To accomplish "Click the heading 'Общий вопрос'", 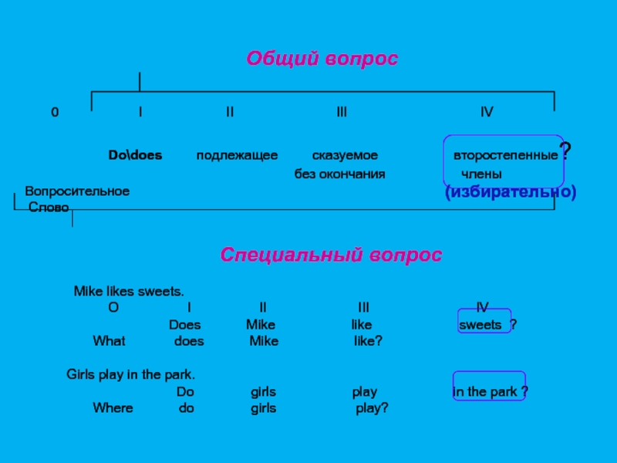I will click(x=322, y=59).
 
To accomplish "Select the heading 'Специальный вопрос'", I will click(x=331, y=255).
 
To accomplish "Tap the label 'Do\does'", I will click(x=135, y=155).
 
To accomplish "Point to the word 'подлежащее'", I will click(x=237, y=155).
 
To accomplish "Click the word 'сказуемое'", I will click(x=345, y=155).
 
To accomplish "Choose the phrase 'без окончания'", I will click(x=339, y=174).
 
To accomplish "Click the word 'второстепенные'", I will click(x=505, y=155).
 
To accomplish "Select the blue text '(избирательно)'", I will click(x=511, y=191).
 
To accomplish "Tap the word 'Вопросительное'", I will click(x=77, y=191).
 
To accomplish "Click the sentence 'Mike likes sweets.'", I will click(x=129, y=292).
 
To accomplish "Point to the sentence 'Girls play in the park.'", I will click(x=131, y=375).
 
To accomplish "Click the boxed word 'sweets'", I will click(x=480, y=324).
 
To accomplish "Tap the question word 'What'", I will click(x=109, y=340).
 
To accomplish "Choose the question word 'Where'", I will click(x=113, y=408).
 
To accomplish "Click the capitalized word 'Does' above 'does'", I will click(x=184, y=324).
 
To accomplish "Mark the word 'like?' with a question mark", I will click(x=368, y=340).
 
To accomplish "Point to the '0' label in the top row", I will click(x=55, y=113).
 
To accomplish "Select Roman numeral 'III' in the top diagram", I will click(x=342, y=113).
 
